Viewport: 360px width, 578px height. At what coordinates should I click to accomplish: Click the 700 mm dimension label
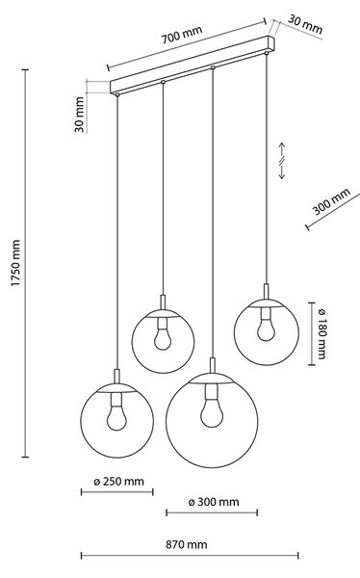pos(182,35)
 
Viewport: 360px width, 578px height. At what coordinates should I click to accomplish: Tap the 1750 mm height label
pos(15,263)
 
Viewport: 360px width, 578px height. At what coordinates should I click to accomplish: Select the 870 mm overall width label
pos(187,544)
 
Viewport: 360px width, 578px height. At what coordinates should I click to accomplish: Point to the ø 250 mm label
pos(118,482)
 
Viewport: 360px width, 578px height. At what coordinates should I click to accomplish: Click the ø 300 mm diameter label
pos(214,502)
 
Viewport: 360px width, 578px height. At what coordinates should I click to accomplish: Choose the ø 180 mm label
pos(321,333)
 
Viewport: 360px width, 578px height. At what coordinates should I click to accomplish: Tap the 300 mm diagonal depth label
pos(331,201)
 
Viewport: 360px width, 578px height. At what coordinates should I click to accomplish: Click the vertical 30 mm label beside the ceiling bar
pos(80,115)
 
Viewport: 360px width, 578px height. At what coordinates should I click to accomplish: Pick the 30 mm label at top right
pos(305,24)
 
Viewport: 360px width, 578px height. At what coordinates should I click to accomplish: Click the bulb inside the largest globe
pos(212,413)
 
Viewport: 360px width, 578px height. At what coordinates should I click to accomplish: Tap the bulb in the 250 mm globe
pos(116,417)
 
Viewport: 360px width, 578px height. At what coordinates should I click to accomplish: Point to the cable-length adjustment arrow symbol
pos(281,160)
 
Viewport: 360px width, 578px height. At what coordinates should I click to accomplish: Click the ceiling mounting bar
pos(193,66)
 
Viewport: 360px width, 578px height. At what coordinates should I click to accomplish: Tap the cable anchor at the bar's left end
pos(117,94)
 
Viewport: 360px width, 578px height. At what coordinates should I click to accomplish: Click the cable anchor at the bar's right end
pos(266,53)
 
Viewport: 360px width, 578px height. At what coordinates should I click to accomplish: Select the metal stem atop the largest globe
pos(212,365)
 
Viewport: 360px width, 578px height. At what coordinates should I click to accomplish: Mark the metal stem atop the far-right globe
pos(266,291)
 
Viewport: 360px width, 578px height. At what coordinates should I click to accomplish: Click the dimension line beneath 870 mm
pos(190,555)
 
